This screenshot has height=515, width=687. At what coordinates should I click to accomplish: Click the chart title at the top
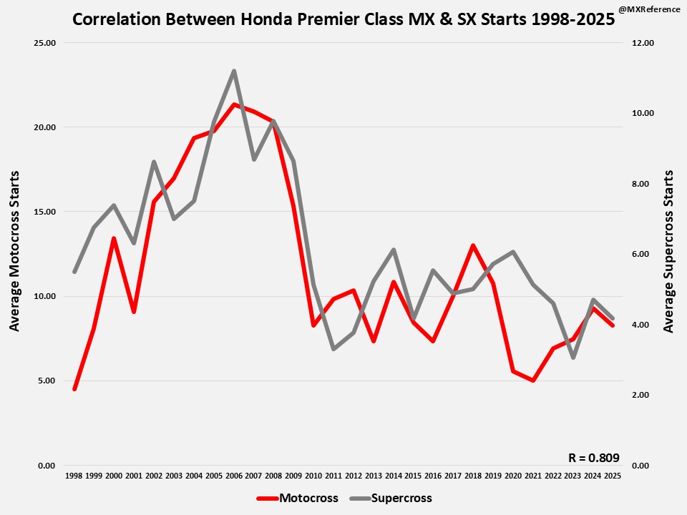(343, 19)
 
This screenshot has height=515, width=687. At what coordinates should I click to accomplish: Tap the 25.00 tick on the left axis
(45, 43)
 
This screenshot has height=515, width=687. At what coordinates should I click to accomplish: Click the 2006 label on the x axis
(233, 476)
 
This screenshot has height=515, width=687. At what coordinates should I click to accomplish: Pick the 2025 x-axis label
(613, 476)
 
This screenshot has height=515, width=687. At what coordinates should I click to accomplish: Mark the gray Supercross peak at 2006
(234, 71)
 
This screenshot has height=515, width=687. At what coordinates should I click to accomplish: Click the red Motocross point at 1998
(74, 389)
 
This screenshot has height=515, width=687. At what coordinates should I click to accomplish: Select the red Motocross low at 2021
(532, 381)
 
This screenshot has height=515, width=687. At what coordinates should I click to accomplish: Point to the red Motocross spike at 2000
(114, 238)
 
